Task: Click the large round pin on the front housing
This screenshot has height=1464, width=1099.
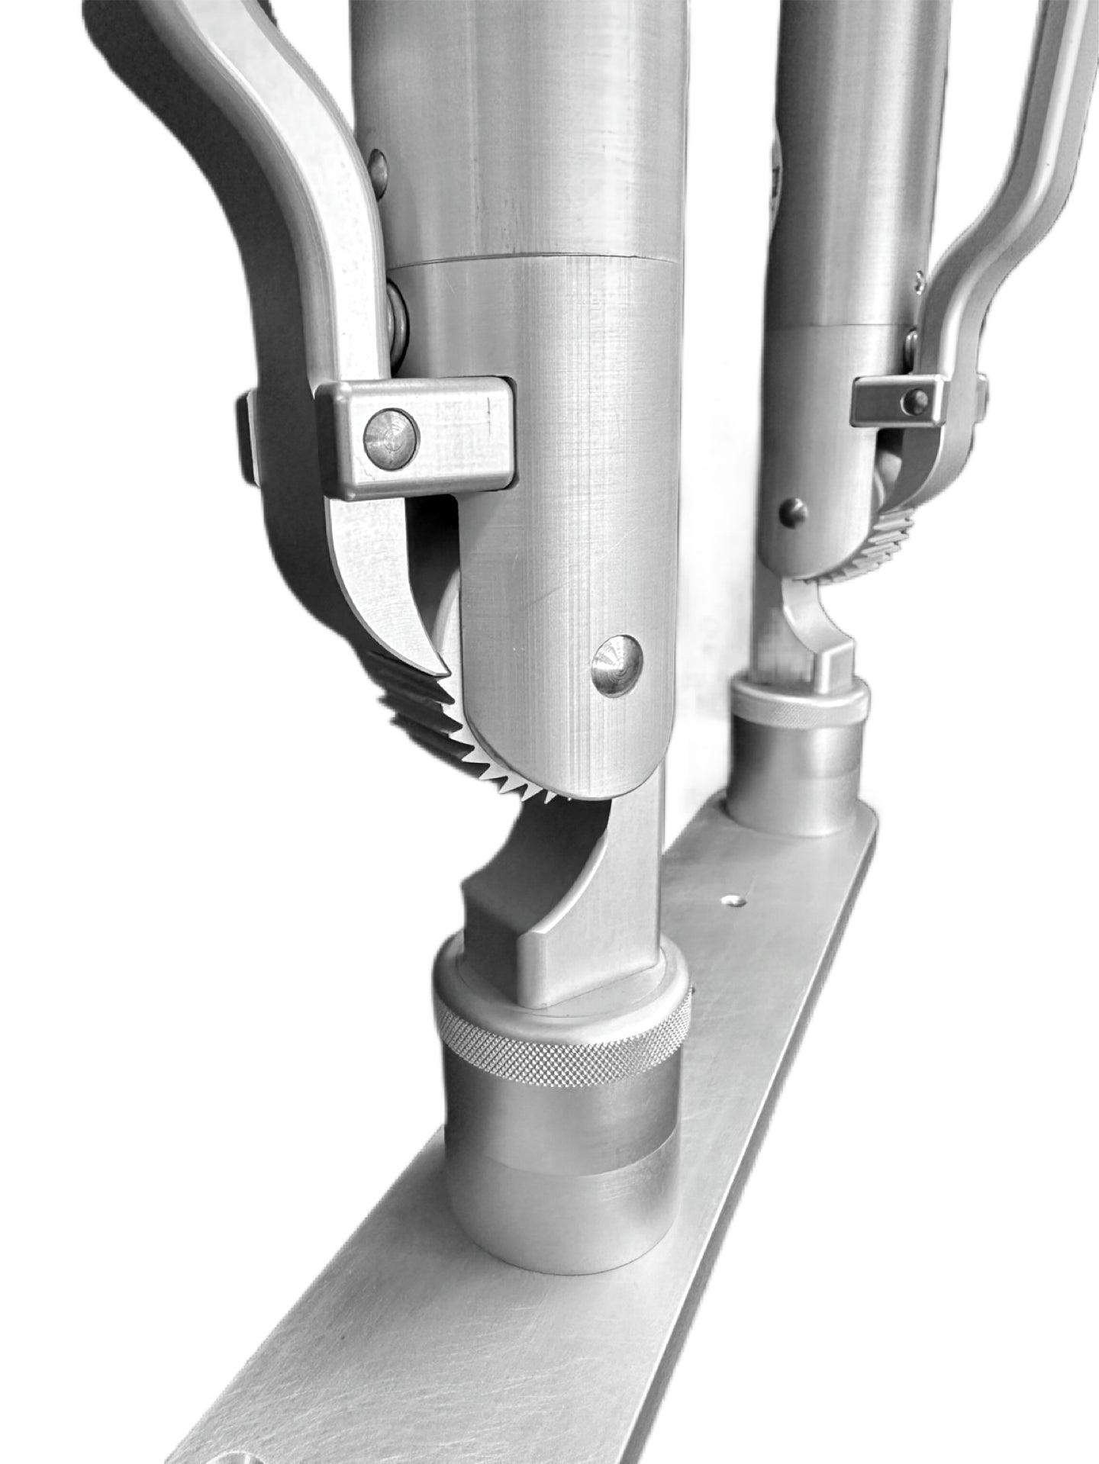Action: pos(617,664)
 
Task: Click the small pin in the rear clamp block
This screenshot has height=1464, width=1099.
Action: pos(919,397)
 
